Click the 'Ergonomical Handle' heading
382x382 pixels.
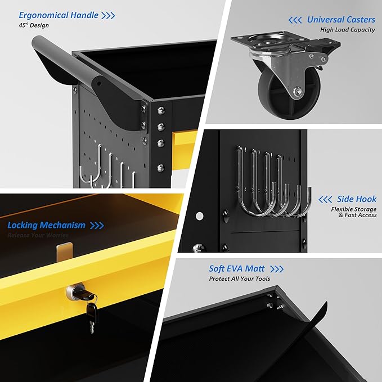click(59, 15)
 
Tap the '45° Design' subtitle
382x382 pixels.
click(34, 25)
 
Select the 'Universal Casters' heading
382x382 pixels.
click(341, 20)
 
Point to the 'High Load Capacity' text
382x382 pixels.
click(348, 30)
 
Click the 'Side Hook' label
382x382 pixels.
click(357, 199)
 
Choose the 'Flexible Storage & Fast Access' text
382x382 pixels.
click(354, 212)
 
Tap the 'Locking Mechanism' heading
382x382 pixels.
click(46, 226)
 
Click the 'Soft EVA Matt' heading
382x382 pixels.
click(236, 269)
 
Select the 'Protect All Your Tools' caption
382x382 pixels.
click(240, 278)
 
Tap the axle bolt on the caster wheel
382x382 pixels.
click(298, 92)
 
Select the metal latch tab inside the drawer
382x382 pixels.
click(64, 251)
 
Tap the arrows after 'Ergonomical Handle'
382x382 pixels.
click(108, 16)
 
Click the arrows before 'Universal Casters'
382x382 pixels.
click(295, 20)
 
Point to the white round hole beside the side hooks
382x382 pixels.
click(200, 216)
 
